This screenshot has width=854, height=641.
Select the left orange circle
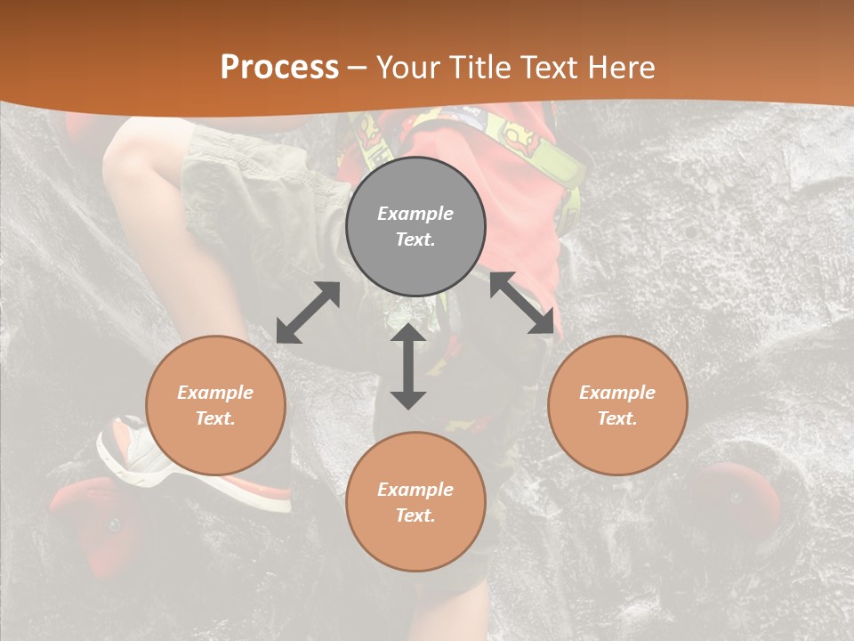coord(215,405)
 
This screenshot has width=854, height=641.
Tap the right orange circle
coord(617,405)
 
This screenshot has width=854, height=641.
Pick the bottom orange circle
coord(415,501)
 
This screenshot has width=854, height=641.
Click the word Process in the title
coord(279,68)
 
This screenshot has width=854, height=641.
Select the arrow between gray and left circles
coord(308,312)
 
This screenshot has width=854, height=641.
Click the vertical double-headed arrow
coord(408,366)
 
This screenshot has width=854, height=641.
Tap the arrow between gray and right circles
coord(522,303)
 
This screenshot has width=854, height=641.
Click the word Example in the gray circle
coord(415,214)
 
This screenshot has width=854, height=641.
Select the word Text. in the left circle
coord(215,418)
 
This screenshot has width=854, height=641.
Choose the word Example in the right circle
coord(617,393)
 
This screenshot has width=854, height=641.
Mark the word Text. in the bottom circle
coord(415,515)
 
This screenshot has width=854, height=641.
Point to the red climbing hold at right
coord(738,499)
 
